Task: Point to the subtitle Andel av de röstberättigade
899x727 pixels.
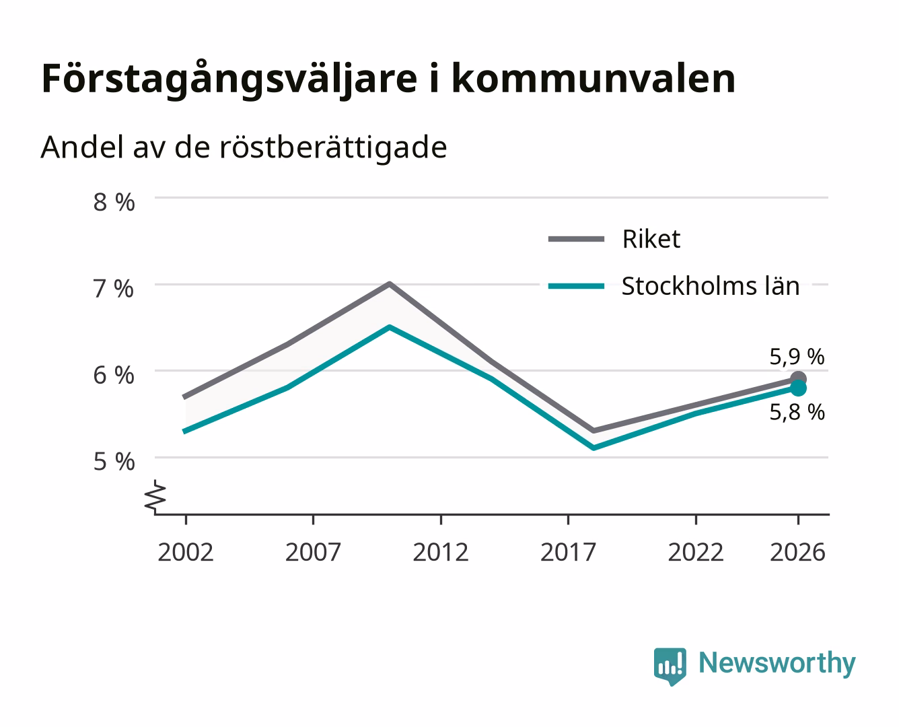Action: pos(244,148)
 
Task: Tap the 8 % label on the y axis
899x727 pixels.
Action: pos(114,202)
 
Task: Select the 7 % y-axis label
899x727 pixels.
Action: pos(114,289)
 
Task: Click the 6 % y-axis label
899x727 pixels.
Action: pos(114,376)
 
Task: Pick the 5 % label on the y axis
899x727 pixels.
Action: pos(114,462)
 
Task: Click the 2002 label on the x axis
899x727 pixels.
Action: pos(186,552)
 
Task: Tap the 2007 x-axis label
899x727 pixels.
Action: pos(313,552)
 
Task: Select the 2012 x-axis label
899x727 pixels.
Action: pos(441,552)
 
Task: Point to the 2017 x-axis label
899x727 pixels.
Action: pos(568,552)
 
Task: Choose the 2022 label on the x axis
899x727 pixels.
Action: pos(696,552)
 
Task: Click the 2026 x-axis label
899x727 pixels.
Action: pos(797,552)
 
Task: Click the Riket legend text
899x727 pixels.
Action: pos(651,240)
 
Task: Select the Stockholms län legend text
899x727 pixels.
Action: pos(711,286)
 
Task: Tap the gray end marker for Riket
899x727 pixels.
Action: pos(798,378)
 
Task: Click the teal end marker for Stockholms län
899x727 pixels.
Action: pos(798,388)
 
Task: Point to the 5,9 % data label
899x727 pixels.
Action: pos(797,357)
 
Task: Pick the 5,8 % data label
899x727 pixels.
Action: pos(797,413)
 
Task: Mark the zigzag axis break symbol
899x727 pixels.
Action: pos(155,497)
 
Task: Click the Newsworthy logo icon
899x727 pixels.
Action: pos(670,666)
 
